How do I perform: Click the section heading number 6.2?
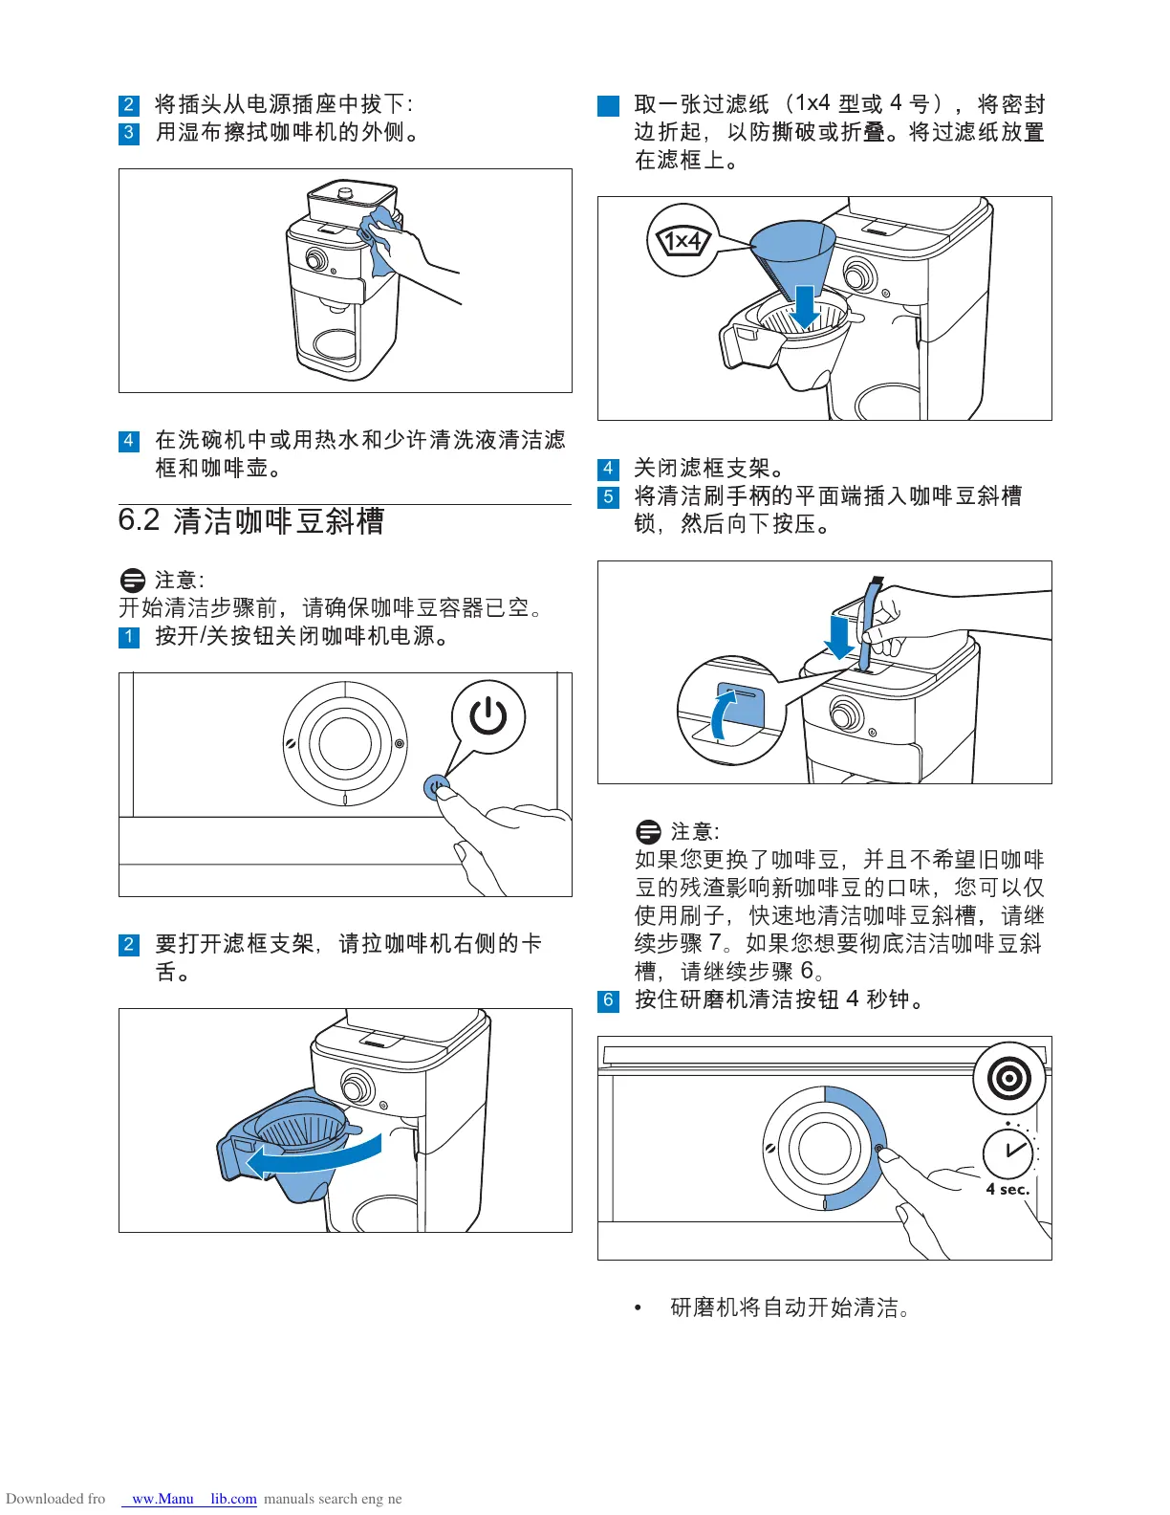click(x=139, y=520)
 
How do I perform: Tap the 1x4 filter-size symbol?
click(x=683, y=240)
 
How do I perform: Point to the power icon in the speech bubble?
click(x=488, y=716)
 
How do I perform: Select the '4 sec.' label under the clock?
click(x=1007, y=1190)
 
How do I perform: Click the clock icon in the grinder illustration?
click(x=1008, y=1153)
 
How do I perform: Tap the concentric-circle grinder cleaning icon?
click(x=1009, y=1079)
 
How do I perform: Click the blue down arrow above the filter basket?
click(x=806, y=305)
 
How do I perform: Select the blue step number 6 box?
click(x=608, y=1000)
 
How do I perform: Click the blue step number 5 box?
click(x=608, y=497)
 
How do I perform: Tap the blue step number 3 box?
click(x=129, y=133)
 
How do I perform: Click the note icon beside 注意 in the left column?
click(x=133, y=581)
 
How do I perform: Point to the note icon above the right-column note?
click(x=648, y=831)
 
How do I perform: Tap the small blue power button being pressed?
click(x=436, y=788)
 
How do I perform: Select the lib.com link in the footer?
click(x=233, y=1499)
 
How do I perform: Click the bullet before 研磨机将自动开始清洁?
click(x=639, y=1307)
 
